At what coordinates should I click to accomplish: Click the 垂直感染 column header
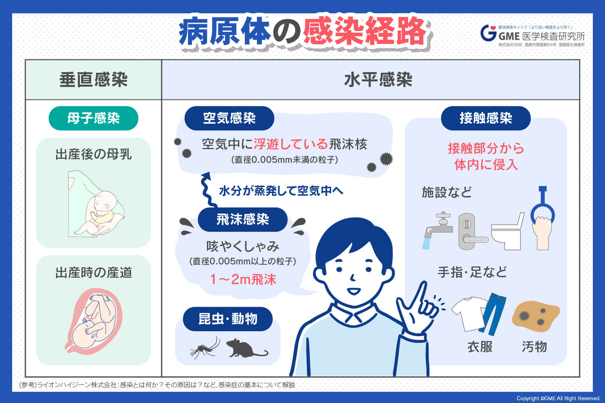click(x=93, y=80)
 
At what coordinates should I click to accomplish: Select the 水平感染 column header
click(x=378, y=80)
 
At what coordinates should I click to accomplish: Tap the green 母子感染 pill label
click(x=93, y=118)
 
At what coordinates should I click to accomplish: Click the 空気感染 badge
click(x=229, y=118)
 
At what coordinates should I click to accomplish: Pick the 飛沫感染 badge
click(x=242, y=220)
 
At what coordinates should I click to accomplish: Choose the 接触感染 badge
click(x=486, y=118)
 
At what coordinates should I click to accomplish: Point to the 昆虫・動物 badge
click(x=227, y=319)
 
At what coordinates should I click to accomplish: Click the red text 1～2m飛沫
click(x=243, y=279)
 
